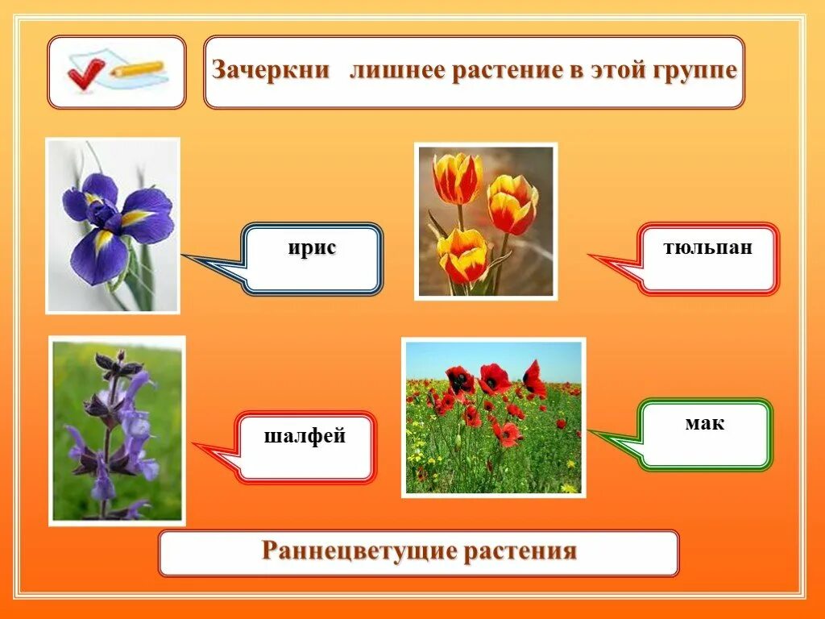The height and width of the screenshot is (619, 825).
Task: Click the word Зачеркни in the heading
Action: (x=271, y=69)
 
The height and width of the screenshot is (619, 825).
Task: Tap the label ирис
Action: (x=312, y=249)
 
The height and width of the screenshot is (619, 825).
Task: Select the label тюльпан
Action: (x=708, y=247)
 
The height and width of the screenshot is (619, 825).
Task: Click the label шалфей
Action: (x=305, y=437)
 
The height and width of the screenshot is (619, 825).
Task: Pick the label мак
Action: (x=705, y=423)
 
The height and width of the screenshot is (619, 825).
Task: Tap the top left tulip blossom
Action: (x=457, y=178)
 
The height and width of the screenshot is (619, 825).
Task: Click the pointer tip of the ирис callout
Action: (x=184, y=255)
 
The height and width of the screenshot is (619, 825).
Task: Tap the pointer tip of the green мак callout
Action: (x=590, y=432)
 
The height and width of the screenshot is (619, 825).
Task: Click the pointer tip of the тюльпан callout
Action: (x=590, y=257)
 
